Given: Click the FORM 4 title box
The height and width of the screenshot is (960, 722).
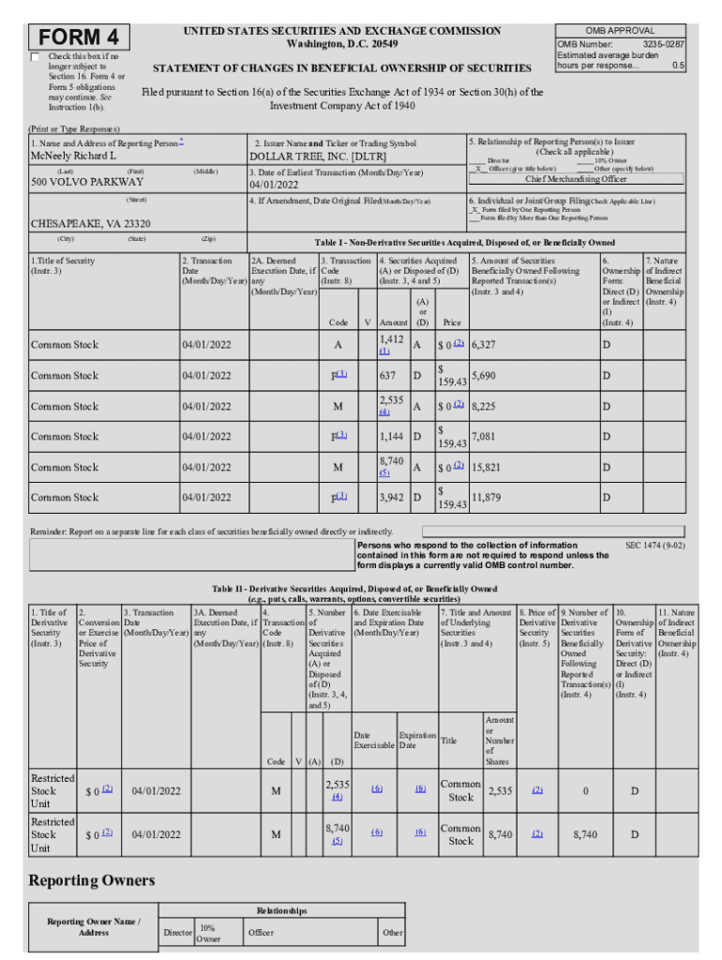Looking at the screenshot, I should (80, 37).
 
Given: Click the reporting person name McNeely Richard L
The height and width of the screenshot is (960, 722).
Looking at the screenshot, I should (74, 156).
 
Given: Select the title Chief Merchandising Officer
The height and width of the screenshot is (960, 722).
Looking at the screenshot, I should (576, 179).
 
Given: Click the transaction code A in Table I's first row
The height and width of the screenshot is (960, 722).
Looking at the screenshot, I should (338, 345).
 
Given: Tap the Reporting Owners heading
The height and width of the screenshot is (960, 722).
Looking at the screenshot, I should (91, 880).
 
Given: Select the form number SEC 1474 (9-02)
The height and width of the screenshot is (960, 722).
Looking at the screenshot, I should (654, 545).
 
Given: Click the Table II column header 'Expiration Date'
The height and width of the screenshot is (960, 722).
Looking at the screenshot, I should (416, 741).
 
